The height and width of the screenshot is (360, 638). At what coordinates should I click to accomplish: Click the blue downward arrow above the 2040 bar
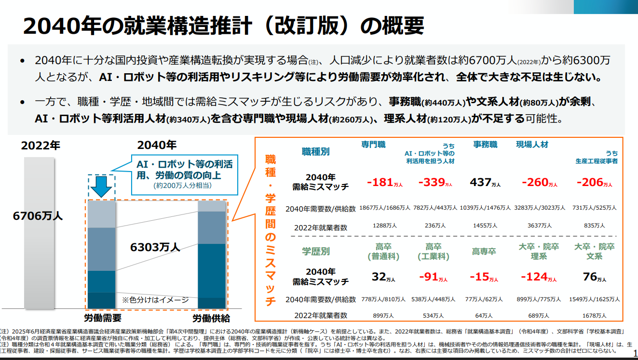point(101,187)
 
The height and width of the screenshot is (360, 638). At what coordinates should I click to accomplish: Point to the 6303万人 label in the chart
point(155,247)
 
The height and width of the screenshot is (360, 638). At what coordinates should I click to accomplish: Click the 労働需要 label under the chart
point(102,318)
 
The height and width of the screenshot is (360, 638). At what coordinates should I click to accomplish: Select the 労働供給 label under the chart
point(211,318)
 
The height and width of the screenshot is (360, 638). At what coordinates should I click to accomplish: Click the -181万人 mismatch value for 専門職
point(384,183)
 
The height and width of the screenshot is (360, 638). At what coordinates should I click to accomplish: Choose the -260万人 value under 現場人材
point(540,183)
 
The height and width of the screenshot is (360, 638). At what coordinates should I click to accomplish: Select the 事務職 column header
point(485,145)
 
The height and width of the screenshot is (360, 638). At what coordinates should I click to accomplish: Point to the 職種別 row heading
point(316,152)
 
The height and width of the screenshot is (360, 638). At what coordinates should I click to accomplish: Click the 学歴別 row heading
point(316,251)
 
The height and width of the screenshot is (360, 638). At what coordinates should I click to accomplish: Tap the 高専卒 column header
point(484,252)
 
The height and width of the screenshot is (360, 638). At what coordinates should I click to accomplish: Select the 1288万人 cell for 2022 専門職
point(384,226)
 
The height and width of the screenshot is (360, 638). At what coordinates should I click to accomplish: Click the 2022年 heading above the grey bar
point(41,146)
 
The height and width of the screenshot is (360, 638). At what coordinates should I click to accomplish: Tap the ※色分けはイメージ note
point(155,299)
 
